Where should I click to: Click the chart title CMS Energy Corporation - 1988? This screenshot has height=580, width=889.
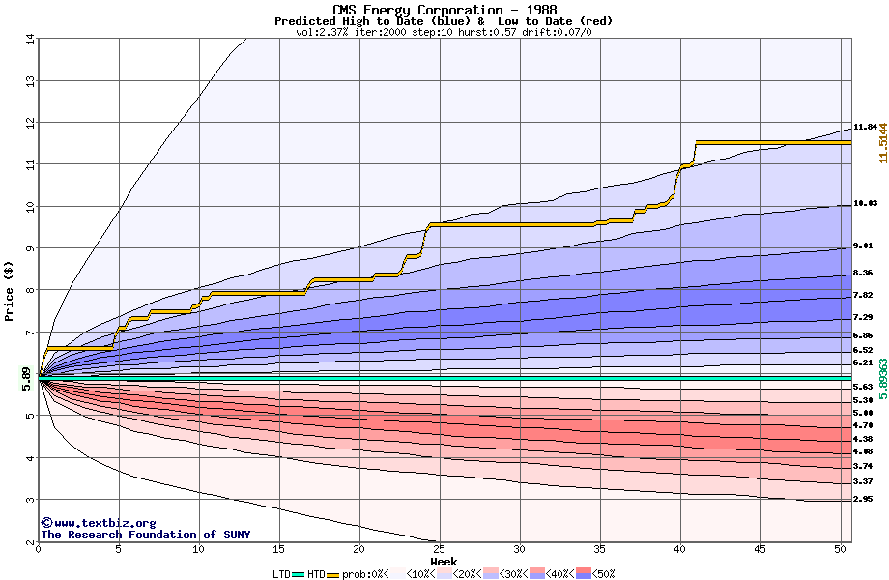pyautogui.click(x=444, y=10)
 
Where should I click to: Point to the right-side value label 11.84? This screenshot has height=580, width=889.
pyautogui.click(x=864, y=127)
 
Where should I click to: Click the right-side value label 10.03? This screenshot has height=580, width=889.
pyautogui.click(x=864, y=203)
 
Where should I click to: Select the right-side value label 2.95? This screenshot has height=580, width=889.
pyautogui.click(x=863, y=499)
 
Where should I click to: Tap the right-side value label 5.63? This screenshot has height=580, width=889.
pyautogui.click(x=863, y=387)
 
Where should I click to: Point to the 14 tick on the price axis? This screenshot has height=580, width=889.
pyautogui.click(x=29, y=40)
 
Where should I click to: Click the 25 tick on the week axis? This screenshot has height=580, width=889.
pyautogui.click(x=439, y=549)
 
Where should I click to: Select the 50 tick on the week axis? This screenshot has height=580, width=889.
pyautogui.click(x=840, y=549)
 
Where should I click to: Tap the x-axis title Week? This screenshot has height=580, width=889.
pyautogui.click(x=444, y=561)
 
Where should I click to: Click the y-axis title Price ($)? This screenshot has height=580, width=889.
pyautogui.click(x=10, y=289)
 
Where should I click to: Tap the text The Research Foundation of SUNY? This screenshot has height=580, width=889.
pyautogui.click(x=142, y=535)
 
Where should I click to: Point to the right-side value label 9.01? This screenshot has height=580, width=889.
pyautogui.click(x=863, y=246)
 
